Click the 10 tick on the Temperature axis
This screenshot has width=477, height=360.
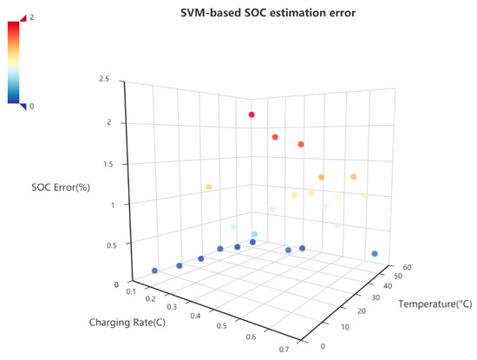pos(341,328)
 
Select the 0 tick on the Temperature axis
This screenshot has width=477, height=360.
pos(324,346)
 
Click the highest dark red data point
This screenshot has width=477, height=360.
pos(252,115)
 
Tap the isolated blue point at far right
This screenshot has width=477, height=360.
pos(375,254)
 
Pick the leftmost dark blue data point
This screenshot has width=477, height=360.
pos(155,271)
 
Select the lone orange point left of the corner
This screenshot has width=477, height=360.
pos(209,187)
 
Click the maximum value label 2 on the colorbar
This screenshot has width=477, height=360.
pos(34,17)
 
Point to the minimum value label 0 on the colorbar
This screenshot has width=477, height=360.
pos(34,106)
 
